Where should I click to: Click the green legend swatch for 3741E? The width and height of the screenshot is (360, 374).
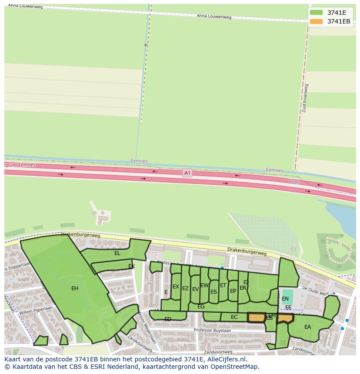(316, 13)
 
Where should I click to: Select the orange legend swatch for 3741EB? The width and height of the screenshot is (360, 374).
(316, 21)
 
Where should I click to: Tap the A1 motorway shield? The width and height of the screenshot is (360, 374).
(187, 172)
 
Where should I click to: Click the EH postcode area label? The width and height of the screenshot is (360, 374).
(75, 288)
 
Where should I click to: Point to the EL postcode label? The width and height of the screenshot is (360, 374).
(117, 253)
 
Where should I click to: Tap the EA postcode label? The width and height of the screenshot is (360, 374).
(307, 327)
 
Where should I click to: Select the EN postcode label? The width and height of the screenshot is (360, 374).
(285, 298)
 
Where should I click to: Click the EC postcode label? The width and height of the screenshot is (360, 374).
(234, 317)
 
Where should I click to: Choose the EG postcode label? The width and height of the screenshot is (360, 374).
(201, 307)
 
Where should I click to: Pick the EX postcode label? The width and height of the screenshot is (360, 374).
(176, 287)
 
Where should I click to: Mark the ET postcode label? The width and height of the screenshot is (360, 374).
(223, 285)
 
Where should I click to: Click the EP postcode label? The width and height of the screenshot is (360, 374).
(233, 291)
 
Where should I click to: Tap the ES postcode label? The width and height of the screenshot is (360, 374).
(213, 292)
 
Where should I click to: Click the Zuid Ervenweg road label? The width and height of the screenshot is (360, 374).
(304, 98)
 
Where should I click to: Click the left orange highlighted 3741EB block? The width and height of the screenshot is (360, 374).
(256, 318)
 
